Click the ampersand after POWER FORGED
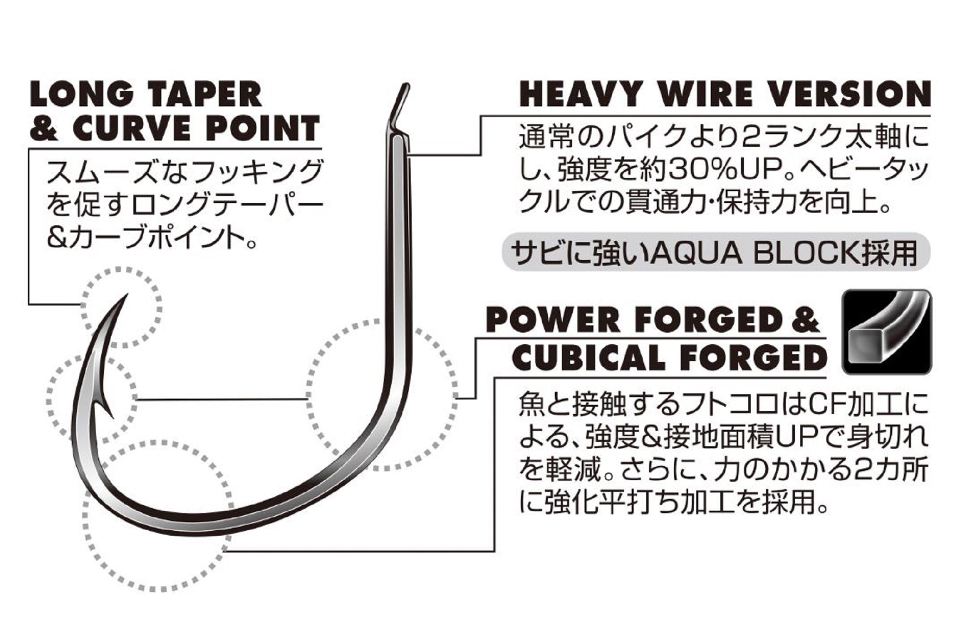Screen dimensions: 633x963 click(805, 320)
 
